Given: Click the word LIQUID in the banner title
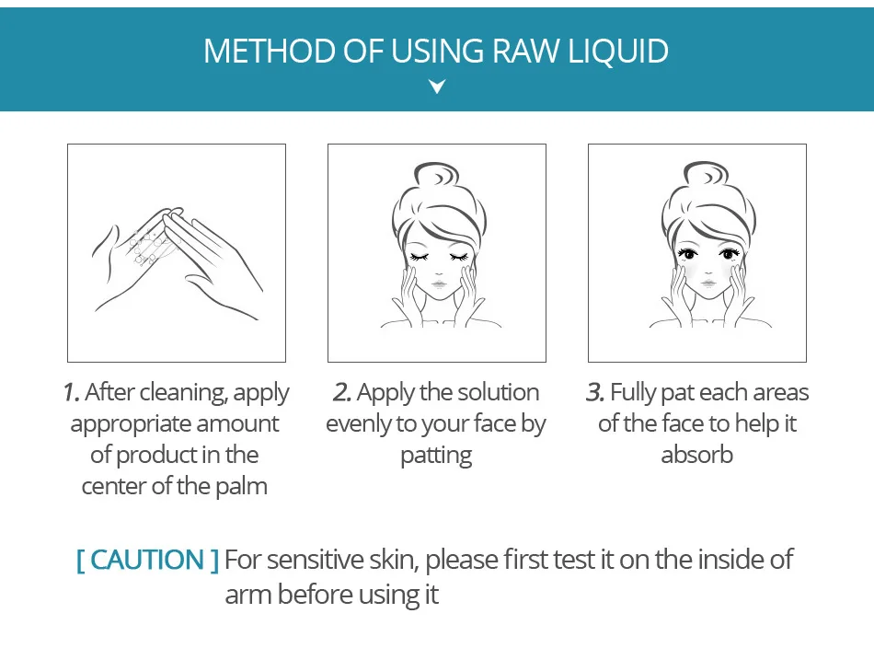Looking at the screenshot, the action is [618, 52].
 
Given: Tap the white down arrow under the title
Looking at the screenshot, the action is [437, 86].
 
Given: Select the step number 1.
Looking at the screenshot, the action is [71, 392].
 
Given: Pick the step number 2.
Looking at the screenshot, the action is [341, 392].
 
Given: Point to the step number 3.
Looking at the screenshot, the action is [595, 392].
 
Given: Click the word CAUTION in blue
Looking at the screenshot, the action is [147, 560].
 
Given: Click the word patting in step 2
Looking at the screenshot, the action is [436, 457].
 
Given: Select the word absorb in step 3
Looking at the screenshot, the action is [696, 455].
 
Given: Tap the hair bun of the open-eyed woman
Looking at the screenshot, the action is [707, 173].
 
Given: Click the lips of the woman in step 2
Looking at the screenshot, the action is [439, 283].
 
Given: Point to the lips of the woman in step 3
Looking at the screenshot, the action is [707, 283].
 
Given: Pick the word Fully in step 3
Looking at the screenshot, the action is [633, 394].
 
